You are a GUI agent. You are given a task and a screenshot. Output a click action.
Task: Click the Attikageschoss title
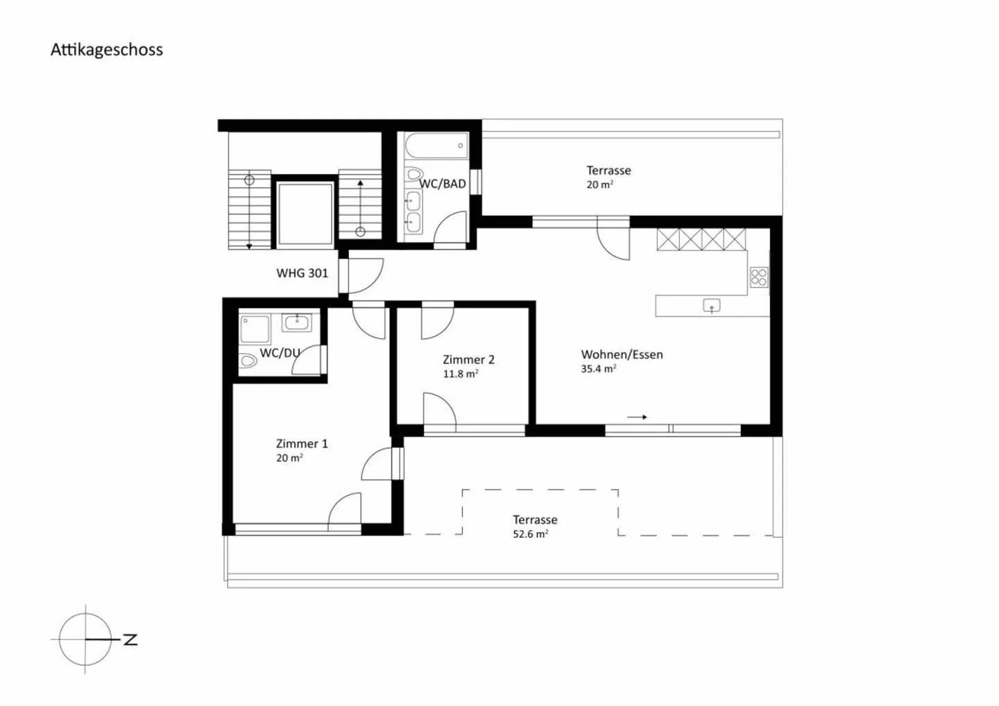pos(107,50)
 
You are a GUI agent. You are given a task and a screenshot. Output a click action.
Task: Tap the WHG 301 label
pos(302,273)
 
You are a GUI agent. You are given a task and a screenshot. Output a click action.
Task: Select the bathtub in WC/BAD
pos(436,146)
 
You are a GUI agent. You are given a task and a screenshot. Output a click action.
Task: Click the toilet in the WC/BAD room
pos(415,173)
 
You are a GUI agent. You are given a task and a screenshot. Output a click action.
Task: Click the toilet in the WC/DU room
pos(248,361)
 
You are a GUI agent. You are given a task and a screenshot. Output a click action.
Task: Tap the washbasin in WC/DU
pos(297,322)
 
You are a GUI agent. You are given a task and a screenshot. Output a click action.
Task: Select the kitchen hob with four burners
pos(759,277)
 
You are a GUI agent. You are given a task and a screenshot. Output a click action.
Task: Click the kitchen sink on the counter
pos(712,306)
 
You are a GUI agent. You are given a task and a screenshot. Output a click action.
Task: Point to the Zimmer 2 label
pos(468,359)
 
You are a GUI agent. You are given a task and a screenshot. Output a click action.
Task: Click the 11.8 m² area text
pos(461,374)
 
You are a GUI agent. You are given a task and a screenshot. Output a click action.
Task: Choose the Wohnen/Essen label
pos(622,354)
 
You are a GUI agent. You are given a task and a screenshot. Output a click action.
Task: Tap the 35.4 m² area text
pos(598,369)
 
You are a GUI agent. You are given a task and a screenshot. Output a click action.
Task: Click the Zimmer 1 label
pos(302,443)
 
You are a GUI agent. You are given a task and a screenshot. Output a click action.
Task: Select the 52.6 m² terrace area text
pos(530,534)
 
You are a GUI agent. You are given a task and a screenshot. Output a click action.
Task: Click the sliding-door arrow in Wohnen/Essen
pos(637,417)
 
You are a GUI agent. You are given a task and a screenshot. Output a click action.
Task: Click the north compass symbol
pos(86,639)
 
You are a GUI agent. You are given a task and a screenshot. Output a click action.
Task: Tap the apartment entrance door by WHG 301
pos(364,275)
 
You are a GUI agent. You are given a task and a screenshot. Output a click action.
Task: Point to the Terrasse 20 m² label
pos(608,177)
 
